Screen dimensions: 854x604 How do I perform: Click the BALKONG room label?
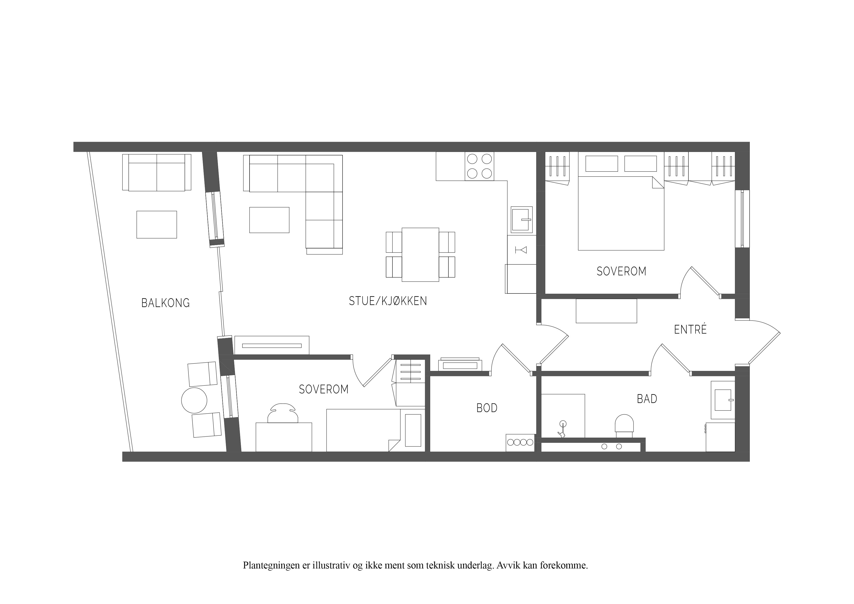pyautogui.click(x=166, y=303)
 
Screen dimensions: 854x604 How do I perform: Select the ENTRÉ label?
pyautogui.click(x=690, y=329)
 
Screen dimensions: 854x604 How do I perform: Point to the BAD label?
pyautogui.click(x=647, y=399)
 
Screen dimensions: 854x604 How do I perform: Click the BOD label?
pyautogui.click(x=487, y=408)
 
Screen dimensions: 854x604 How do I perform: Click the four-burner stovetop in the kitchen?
pyautogui.click(x=479, y=166)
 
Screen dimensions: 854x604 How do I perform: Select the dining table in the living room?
pyautogui.click(x=420, y=255)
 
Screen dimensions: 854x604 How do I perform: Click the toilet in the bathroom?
pyautogui.click(x=624, y=426)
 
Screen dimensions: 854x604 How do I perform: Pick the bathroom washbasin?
pyautogui.click(x=723, y=400)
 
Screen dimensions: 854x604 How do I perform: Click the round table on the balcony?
pyautogui.click(x=194, y=400)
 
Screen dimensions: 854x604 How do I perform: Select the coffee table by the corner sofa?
pyautogui.click(x=269, y=220)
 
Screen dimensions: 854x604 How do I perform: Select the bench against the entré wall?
pyautogui.click(x=606, y=311)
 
